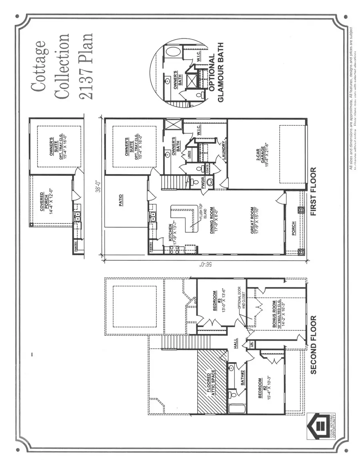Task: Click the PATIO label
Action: tap(121, 200)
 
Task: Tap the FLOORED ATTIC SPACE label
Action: tap(212, 382)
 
